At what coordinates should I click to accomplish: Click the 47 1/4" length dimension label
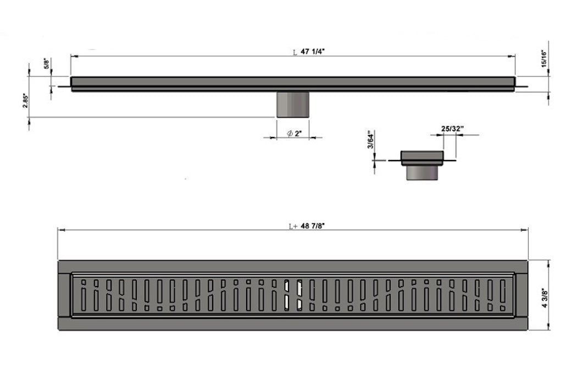(x=315, y=52)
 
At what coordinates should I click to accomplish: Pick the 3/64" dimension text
(x=371, y=140)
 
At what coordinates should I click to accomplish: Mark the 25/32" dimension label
(x=453, y=129)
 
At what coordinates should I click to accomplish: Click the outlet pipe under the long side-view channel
(x=292, y=105)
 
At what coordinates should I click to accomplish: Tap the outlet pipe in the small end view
(x=421, y=173)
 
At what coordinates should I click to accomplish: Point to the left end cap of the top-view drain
(x=64, y=295)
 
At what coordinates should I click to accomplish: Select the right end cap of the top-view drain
(x=521, y=295)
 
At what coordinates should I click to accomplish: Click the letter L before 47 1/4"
(x=295, y=53)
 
